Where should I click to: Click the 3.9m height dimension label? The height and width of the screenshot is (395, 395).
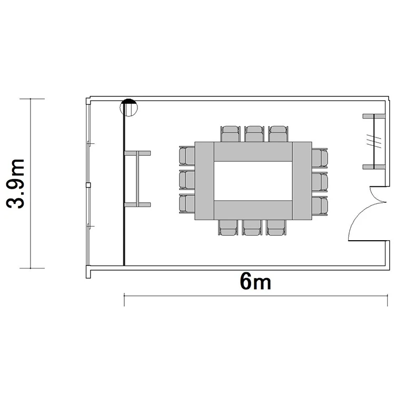15,184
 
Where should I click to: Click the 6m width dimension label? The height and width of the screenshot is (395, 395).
255,281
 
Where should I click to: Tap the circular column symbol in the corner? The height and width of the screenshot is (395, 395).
129,107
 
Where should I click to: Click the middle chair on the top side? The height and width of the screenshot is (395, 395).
254,134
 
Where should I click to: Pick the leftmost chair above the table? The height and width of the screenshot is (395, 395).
230,134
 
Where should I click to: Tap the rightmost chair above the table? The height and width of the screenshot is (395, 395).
278,134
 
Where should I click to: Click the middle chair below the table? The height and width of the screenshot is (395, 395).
252,228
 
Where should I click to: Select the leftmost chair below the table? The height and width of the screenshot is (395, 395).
228,228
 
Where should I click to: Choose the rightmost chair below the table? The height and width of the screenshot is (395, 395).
276,228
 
